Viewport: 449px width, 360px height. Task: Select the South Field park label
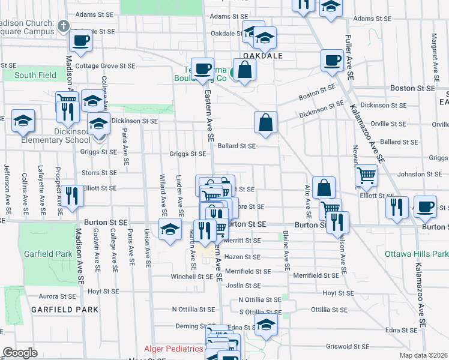pyautogui.click(x=35, y=75)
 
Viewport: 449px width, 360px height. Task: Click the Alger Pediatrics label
pyautogui.click(x=173, y=349)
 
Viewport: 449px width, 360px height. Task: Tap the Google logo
pyautogui.click(x=20, y=353)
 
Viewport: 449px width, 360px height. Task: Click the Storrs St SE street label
pyautogui.click(x=99, y=172)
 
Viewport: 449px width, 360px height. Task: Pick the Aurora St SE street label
pyautogui.click(x=57, y=296)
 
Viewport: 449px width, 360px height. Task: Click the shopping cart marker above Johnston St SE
pyautogui.click(x=366, y=175)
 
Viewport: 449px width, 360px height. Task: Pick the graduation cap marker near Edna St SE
pyautogui.click(x=266, y=325)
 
